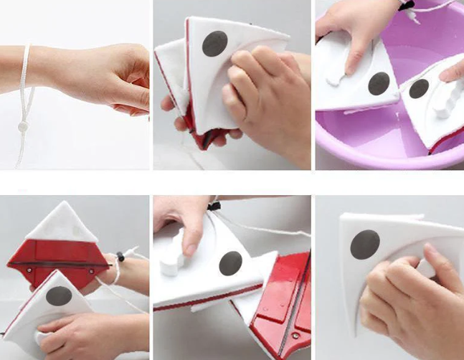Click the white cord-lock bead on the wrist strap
click(23, 126)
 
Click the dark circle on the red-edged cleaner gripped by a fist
click(214, 44)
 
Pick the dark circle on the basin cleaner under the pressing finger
click(379, 83)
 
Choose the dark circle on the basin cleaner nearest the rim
click(418, 89)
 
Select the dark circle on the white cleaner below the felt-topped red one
click(59, 295)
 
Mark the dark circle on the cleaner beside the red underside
click(230, 262)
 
